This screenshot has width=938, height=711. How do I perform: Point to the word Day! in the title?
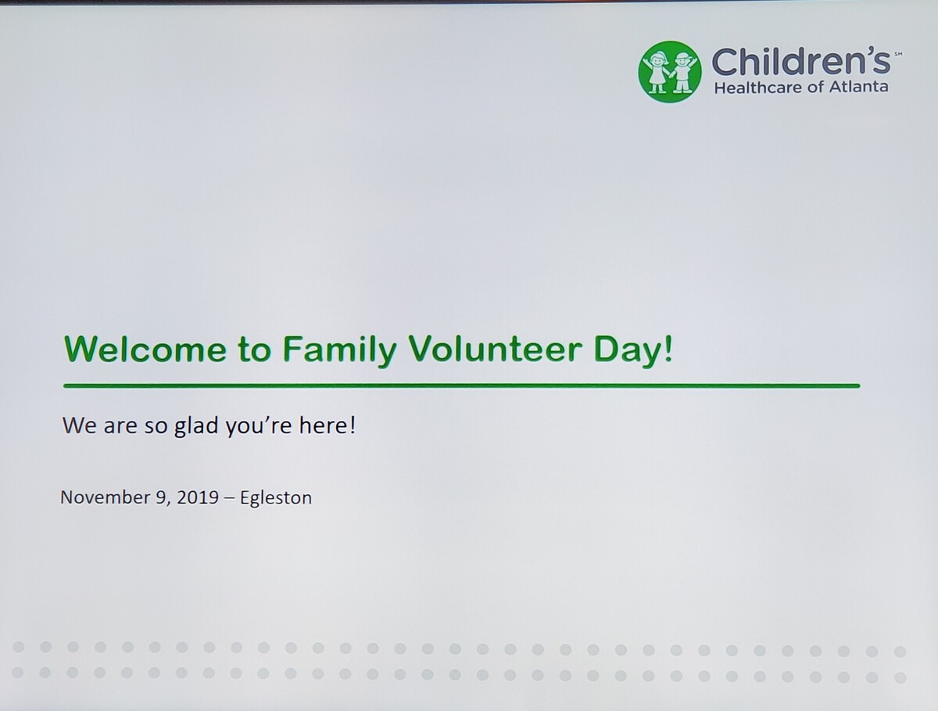tap(633, 350)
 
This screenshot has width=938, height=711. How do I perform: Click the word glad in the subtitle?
tap(196, 426)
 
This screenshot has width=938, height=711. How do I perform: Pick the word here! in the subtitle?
tap(328, 425)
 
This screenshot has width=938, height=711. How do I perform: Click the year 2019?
tap(198, 497)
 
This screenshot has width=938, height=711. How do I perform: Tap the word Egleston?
tap(276, 498)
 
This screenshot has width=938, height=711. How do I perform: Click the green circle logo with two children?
tap(670, 72)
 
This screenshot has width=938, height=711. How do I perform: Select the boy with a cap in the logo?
tap(683, 72)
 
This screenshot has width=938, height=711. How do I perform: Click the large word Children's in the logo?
tap(801, 61)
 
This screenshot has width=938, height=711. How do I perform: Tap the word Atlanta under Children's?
tap(858, 87)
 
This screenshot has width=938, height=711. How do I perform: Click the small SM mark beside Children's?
tap(898, 54)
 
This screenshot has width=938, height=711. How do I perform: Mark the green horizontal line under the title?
tap(461, 386)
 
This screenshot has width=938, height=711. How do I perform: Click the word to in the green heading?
tap(255, 350)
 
